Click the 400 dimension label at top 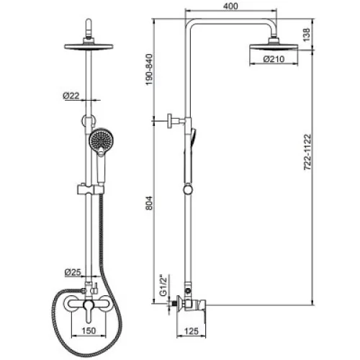point(230,6)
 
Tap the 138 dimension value point(307,35)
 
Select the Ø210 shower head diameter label point(274,59)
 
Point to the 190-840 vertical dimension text point(149,70)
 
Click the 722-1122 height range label point(307,153)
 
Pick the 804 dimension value point(149,203)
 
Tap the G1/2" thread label point(163,286)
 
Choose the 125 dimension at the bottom point(192,331)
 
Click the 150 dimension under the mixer point(89,330)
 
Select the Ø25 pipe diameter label point(73,272)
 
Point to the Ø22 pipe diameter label point(71,96)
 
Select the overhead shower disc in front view point(89,47)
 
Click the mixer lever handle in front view point(88,312)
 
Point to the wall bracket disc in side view point(171,122)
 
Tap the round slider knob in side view point(188,189)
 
